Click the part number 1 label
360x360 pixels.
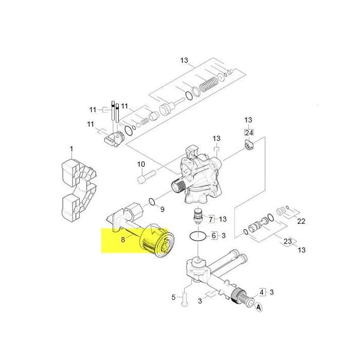71,149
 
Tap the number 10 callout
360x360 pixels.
141,164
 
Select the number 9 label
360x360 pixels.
163,209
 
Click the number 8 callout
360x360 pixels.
123,239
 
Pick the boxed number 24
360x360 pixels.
249,133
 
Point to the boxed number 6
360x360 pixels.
214,235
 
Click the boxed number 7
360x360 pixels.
211,219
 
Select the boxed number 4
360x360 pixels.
262,292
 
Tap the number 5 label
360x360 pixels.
173,298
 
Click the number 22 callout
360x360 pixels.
301,221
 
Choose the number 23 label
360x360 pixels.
287,241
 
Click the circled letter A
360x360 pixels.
259,307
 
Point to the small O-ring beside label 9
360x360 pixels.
152,202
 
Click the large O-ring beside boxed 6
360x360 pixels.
198,236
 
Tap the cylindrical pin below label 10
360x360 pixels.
147,177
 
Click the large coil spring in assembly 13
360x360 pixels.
208,85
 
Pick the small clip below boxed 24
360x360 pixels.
249,145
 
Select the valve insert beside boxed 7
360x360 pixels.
198,215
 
